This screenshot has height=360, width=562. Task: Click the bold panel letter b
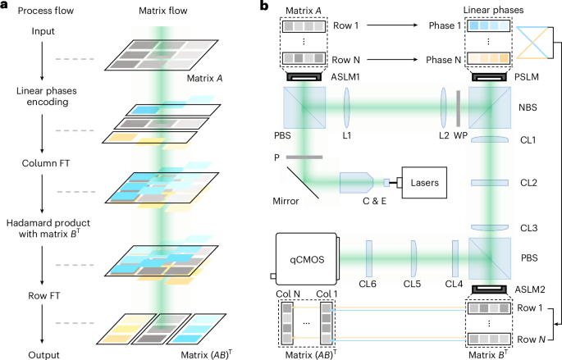(x=263, y=7)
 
